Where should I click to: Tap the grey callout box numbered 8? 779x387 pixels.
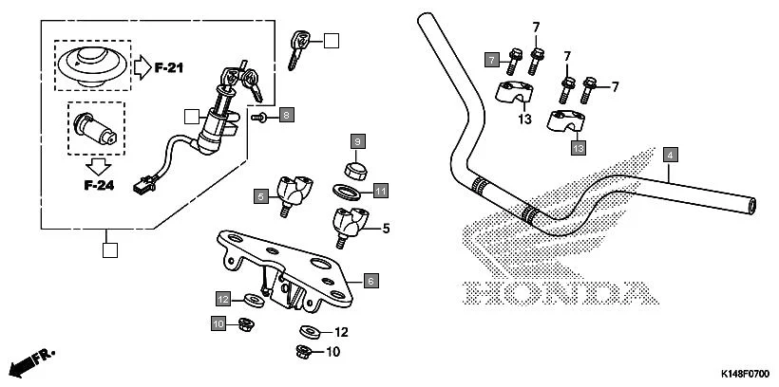pyautogui.click(x=287, y=115)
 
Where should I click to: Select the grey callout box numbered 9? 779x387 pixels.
pyautogui.click(x=357, y=141)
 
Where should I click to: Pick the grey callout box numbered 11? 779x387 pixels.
pyautogui.click(x=380, y=191)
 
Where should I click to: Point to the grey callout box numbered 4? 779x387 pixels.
pyautogui.click(x=670, y=154)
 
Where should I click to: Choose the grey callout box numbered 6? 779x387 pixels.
pyautogui.click(x=371, y=280)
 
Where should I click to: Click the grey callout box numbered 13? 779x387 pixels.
pyautogui.click(x=578, y=148)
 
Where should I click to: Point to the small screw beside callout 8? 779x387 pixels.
pyautogui.click(x=259, y=116)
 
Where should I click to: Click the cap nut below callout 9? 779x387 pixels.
pyautogui.click(x=355, y=171)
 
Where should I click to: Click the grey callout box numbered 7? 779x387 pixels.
pyautogui.click(x=492, y=60)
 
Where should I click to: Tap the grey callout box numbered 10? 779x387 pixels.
pyautogui.click(x=218, y=324)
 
